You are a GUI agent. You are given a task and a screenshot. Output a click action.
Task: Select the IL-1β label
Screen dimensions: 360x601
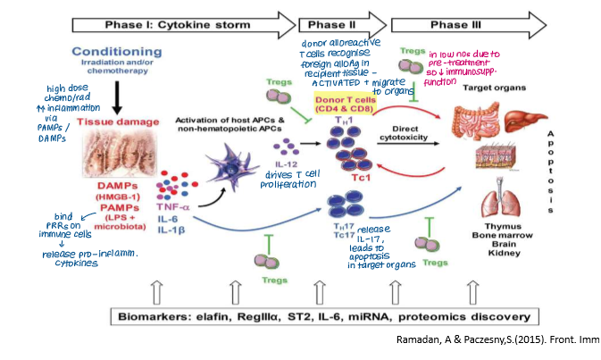tap(171, 230)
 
